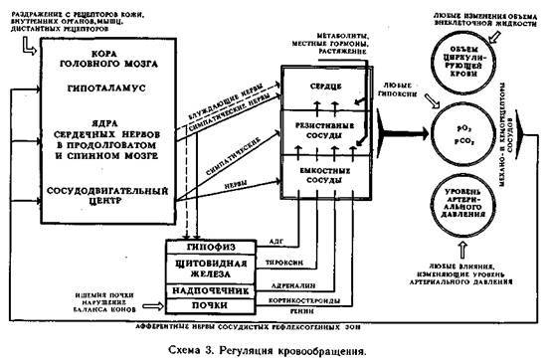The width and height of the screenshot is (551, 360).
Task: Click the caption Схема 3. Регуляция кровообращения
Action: (275, 350)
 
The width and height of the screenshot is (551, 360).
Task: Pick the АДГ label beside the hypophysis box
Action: (278, 242)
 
